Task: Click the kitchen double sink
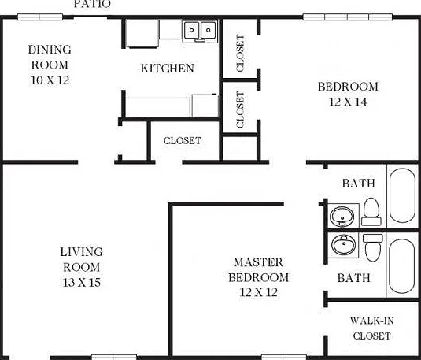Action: coord(201,32)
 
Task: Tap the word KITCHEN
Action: coord(168,69)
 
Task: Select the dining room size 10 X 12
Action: coord(50,80)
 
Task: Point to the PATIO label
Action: coord(92,4)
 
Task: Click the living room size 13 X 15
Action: coord(82,282)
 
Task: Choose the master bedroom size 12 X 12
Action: coord(259,292)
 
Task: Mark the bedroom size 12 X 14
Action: coord(348,102)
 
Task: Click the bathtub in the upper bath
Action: coord(402,195)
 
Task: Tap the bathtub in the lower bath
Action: coord(402,266)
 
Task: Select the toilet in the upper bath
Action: coord(371,212)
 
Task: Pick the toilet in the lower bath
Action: coord(373,247)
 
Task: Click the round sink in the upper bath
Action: coord(342,217)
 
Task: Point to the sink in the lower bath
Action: coord(344,245)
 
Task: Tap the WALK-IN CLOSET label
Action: coord(372,328)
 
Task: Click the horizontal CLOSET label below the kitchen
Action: coord(183,140)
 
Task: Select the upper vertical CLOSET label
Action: coord(240,54)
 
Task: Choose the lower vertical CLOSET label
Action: coord(240,109)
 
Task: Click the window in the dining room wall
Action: coord(40,17)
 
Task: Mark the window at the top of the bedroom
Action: coord(348,17)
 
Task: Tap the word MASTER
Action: coord(258,262)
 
